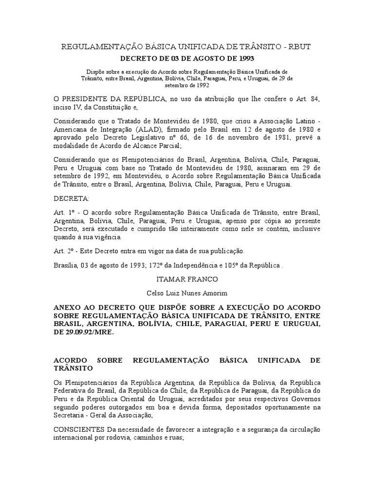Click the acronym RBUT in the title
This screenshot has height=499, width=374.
coord(299,47)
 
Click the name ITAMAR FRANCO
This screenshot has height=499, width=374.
coord(187,280)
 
